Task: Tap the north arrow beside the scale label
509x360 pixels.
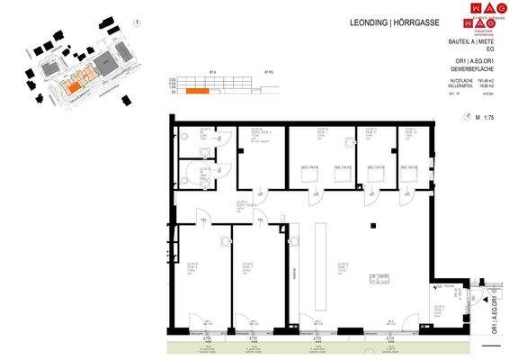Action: click(x=468, y=116)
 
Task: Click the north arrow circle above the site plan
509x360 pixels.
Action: click(x=135, y=23)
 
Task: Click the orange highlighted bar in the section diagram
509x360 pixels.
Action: click(x=197, y=91)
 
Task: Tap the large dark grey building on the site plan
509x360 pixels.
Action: click(x=104, y=63)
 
